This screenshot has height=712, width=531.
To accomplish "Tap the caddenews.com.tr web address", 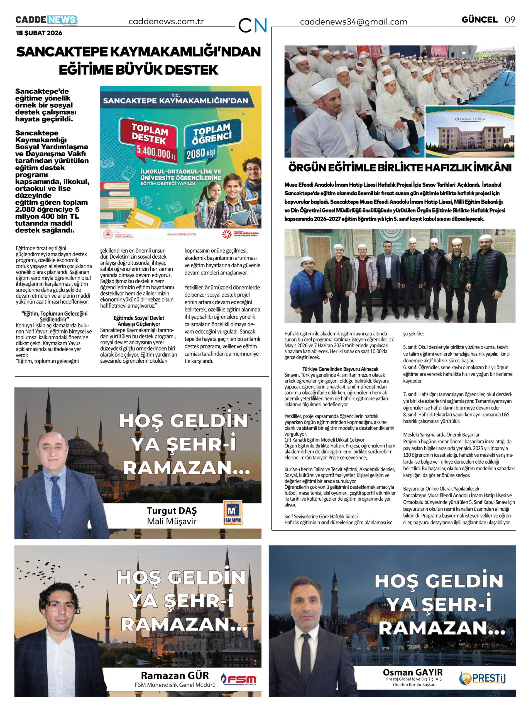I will [166, 21].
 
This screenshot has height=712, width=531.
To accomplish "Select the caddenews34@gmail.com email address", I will [354, 22].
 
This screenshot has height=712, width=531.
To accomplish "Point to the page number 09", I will [510, 19].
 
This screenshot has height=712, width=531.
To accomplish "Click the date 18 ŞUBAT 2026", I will [39, 33].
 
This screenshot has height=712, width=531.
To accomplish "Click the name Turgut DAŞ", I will [172, 511].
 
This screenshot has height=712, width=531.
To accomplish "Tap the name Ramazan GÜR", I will [175, 675].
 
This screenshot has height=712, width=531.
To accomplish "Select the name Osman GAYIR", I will [413, 672].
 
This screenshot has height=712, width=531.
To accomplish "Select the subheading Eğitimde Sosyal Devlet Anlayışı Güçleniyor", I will [139, 321].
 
